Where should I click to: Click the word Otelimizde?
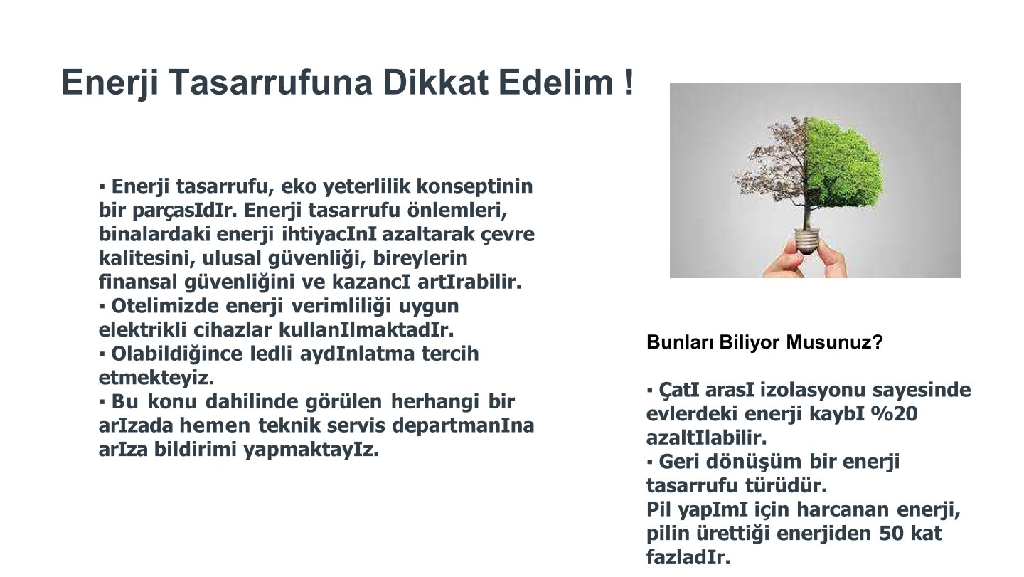tap(164, 306)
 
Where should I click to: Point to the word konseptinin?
tap(474, 186)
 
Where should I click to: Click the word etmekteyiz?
tap(156, 378)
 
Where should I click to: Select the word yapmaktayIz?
tap(311, 450)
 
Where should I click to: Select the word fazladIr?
tap(688, 557)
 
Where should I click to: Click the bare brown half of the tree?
tap(775, 169)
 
